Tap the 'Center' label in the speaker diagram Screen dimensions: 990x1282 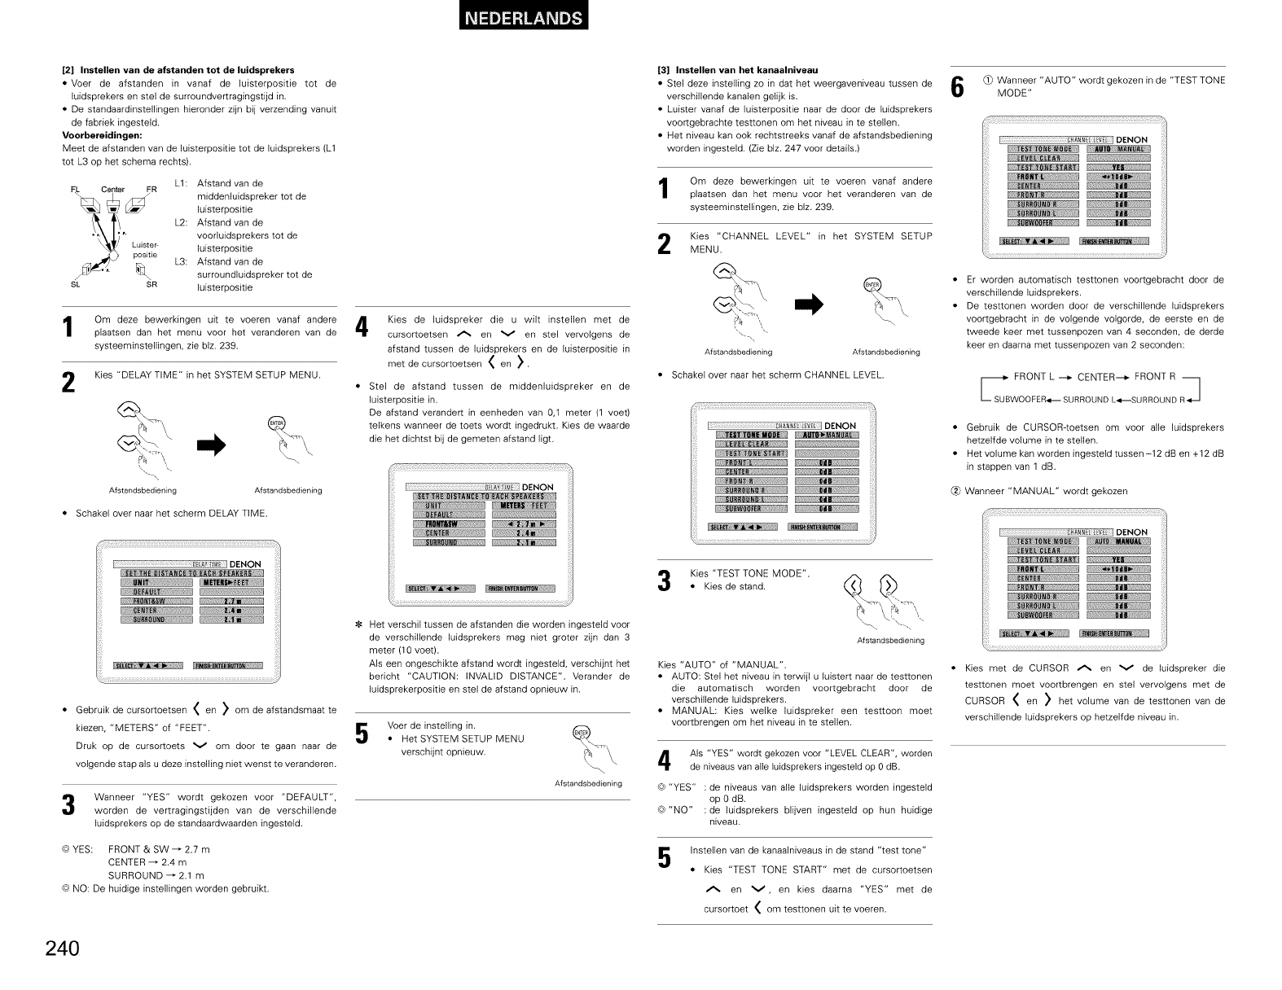click(112, 190)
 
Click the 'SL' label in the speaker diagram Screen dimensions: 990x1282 click(75, 285)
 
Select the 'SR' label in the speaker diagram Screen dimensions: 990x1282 click(151, 285)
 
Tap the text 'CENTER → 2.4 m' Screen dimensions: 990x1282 click(147, 862)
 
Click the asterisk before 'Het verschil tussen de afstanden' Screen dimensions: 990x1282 click(359, 625)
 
